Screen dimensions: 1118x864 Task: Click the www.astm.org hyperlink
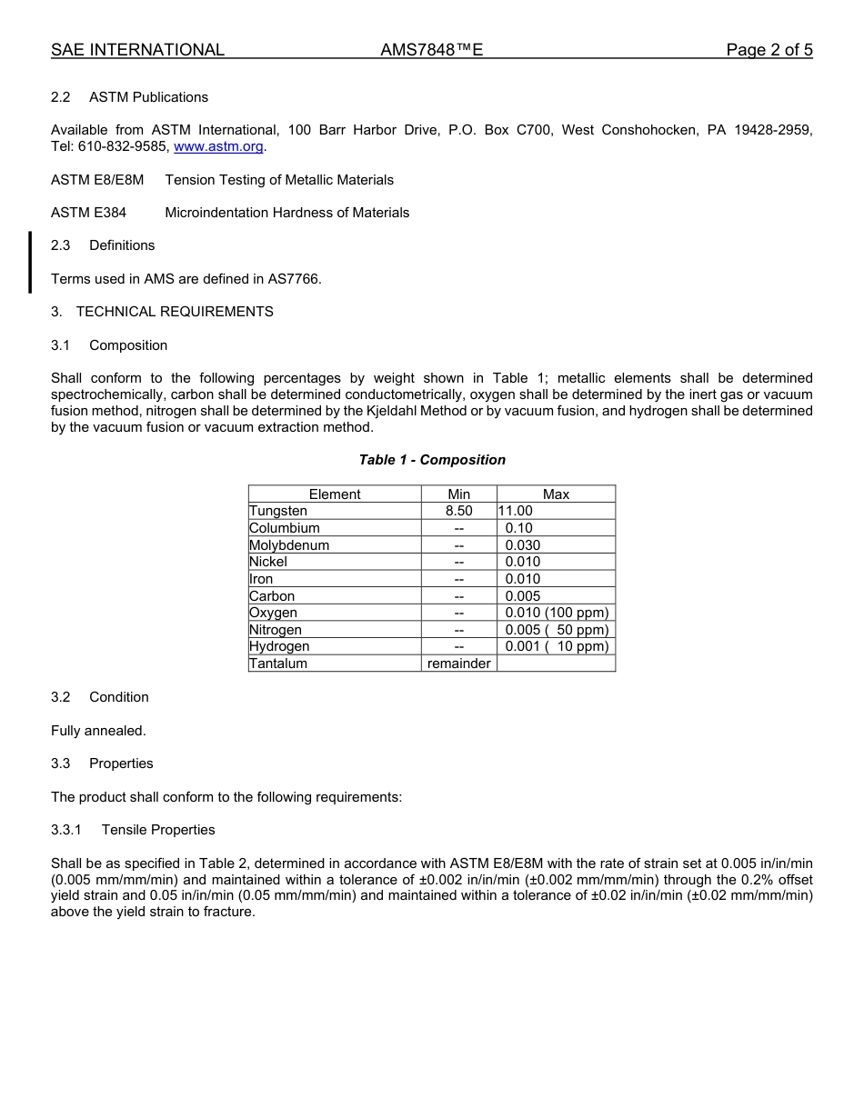pos(218,146)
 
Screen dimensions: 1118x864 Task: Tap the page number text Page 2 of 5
pos(769,50)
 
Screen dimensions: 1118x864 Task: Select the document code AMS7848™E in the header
pos(431,50)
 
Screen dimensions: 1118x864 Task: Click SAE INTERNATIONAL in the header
pos(137,50)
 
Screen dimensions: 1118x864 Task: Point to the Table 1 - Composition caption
pos(432,460)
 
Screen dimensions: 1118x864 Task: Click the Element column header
pos(335,494)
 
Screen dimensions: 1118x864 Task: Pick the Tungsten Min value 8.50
pos(459,512)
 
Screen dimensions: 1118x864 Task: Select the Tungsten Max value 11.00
pos(516,512)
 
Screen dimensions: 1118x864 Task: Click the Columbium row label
pos(285,528)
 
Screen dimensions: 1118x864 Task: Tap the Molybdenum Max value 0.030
pos(523,545)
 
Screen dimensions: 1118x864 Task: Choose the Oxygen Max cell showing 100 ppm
pos(557,613)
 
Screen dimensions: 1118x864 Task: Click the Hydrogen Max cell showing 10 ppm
pos(557,646)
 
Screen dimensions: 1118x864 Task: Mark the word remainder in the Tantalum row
pos(459,664)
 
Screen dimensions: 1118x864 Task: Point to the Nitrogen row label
pos(276,630)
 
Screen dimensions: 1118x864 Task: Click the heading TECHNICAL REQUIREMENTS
pos(175,312)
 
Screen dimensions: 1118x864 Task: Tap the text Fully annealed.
pos(98,731)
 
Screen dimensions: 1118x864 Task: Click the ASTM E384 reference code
pos(88,213)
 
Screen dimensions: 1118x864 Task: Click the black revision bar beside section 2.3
pos(30,262)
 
